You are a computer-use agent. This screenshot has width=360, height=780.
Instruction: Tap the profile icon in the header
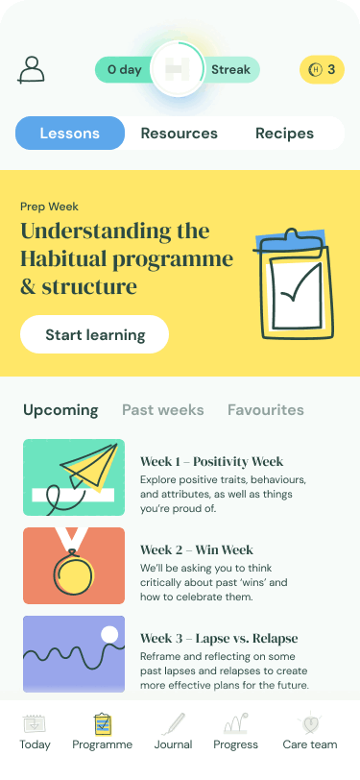(32, 69)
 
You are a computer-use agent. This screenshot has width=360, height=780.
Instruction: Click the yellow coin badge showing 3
(322, 69)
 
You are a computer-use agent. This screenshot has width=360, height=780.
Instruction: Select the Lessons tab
(70, 134)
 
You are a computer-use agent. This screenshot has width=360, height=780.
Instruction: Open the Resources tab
(180, 134)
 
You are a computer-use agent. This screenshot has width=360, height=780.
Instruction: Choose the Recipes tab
(284, 134)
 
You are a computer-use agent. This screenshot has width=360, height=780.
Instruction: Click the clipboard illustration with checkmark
(295, 284)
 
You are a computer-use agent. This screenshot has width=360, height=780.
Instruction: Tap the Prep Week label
(49, 206)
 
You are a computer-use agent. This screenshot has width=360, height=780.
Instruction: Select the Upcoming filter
(60, 410)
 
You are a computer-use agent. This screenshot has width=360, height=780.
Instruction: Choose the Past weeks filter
(163, 410)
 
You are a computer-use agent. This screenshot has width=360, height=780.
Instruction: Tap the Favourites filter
(266, 410)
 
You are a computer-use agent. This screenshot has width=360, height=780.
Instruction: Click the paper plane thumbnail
(74, 477)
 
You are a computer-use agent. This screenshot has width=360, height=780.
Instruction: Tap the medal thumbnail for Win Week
(74, 565)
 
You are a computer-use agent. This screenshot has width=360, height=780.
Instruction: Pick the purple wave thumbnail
(74, 654)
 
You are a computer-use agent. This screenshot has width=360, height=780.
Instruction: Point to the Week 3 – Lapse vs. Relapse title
(219, 639)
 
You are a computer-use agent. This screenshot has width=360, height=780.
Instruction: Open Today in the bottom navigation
(36, 732)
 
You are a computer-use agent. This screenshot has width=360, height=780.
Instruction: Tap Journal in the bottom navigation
(173, 732)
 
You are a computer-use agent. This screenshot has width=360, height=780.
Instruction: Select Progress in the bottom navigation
(236, 732)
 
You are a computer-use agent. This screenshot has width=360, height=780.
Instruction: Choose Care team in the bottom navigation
(310, 732)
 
